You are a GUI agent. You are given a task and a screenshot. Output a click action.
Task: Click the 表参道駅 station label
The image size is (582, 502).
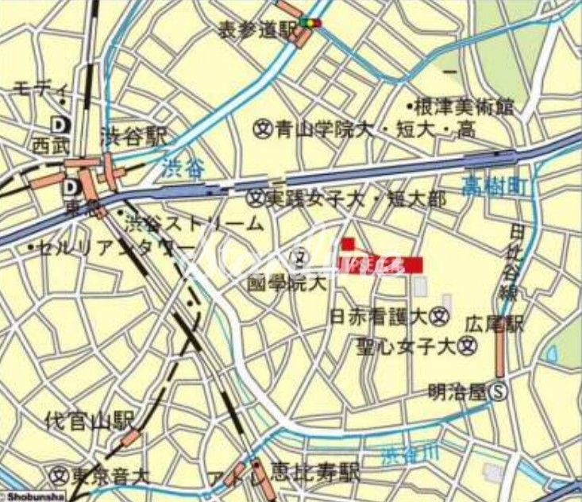256,29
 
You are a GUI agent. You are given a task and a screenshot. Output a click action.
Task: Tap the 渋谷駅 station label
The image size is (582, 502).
132,137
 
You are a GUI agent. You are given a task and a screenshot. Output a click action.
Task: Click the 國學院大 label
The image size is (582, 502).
276,281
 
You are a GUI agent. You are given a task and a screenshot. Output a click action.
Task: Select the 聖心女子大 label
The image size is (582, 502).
413,346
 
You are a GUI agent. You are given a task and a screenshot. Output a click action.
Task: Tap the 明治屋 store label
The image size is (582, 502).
458,391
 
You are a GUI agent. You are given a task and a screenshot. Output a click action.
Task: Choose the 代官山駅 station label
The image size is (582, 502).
89,420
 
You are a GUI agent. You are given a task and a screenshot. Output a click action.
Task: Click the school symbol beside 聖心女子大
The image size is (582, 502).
468,346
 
